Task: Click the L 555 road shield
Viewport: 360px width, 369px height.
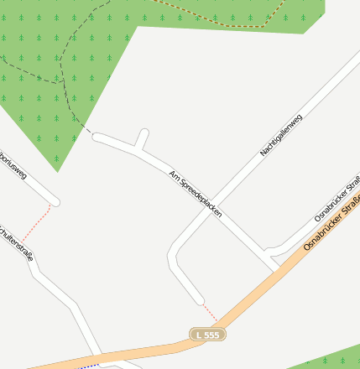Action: tap(207, 335)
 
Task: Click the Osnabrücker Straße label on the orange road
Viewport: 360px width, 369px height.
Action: tap(332, 221)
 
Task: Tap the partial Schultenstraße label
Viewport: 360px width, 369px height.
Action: tap(17, 243)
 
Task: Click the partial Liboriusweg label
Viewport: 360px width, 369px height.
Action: tap(14, 164)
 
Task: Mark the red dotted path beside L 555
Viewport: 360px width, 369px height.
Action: tap(209, 311)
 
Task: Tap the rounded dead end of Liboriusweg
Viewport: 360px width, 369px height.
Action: tap(55, 201)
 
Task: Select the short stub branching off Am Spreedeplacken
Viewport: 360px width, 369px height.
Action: tap(142, 138)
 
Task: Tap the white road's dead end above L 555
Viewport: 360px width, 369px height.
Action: tap(199, 299)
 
